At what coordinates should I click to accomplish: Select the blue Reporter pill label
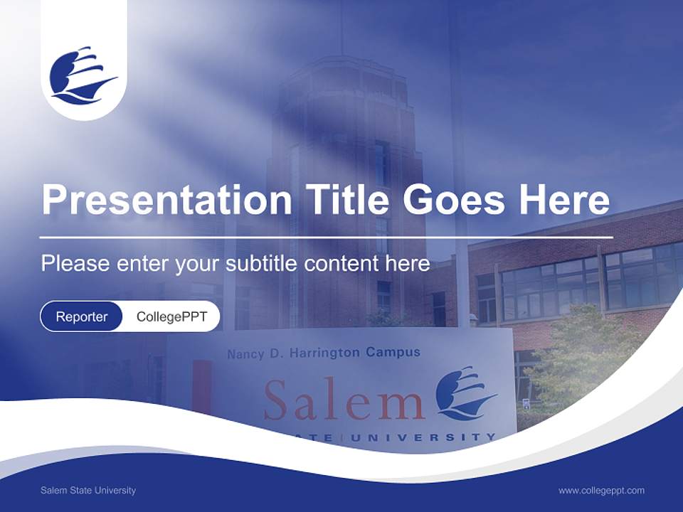click(x=82, y=316)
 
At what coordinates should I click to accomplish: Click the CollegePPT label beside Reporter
click(x=171, y=316)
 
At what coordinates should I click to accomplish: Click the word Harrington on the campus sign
click(x=320, y=352)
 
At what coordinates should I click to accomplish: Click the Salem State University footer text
click(x=88, y=491)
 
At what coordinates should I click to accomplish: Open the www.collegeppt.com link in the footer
click(x=601, y=491)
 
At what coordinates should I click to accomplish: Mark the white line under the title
click(x=327, y=237)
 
